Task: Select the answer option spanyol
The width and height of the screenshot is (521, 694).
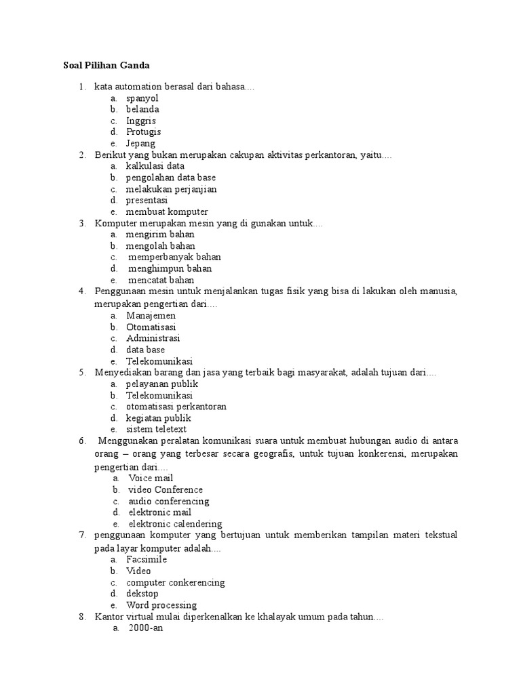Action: [x=142, y=98]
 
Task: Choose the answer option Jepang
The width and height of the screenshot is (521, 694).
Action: [x=140, y=144]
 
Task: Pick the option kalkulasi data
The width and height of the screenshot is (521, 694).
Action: [x=155, y=166]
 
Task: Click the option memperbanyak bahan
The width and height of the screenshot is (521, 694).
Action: [x=174, y=258]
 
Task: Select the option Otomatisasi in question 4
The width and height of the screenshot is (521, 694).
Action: [x=151, y=327]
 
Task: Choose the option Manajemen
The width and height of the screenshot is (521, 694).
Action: [x=151, y=315]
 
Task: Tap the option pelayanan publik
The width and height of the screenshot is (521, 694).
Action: [x=161, y=384]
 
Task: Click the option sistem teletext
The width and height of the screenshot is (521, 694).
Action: [x=156, y=429]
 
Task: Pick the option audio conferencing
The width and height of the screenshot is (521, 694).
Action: [x=169, y=501]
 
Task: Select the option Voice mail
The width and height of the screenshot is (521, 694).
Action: [x=151, y=478]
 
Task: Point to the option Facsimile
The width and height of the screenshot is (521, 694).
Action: [x=147, y=559]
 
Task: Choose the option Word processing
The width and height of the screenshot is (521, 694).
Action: [x=161, y=605]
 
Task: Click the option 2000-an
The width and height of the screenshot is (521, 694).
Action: [x=146, y=628]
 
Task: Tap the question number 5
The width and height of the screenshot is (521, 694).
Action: [x=81, y=372]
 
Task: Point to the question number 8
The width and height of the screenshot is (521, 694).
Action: [x=81, y=617]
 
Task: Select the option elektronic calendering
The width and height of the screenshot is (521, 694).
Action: [x=175, y=524]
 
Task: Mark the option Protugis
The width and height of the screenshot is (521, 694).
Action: [x=143, y=132]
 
